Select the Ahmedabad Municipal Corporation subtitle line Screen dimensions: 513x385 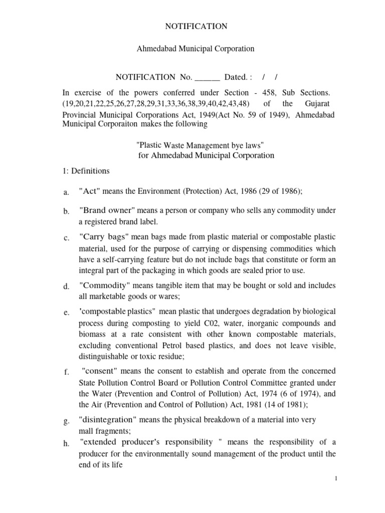[x=196, y=49]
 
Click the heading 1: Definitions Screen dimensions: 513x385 [x=85, y=171]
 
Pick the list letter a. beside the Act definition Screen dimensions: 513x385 [x=66, y=192]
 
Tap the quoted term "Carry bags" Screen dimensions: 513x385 [x=104, y=236]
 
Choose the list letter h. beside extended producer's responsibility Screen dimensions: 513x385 [x=66, y=443]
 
